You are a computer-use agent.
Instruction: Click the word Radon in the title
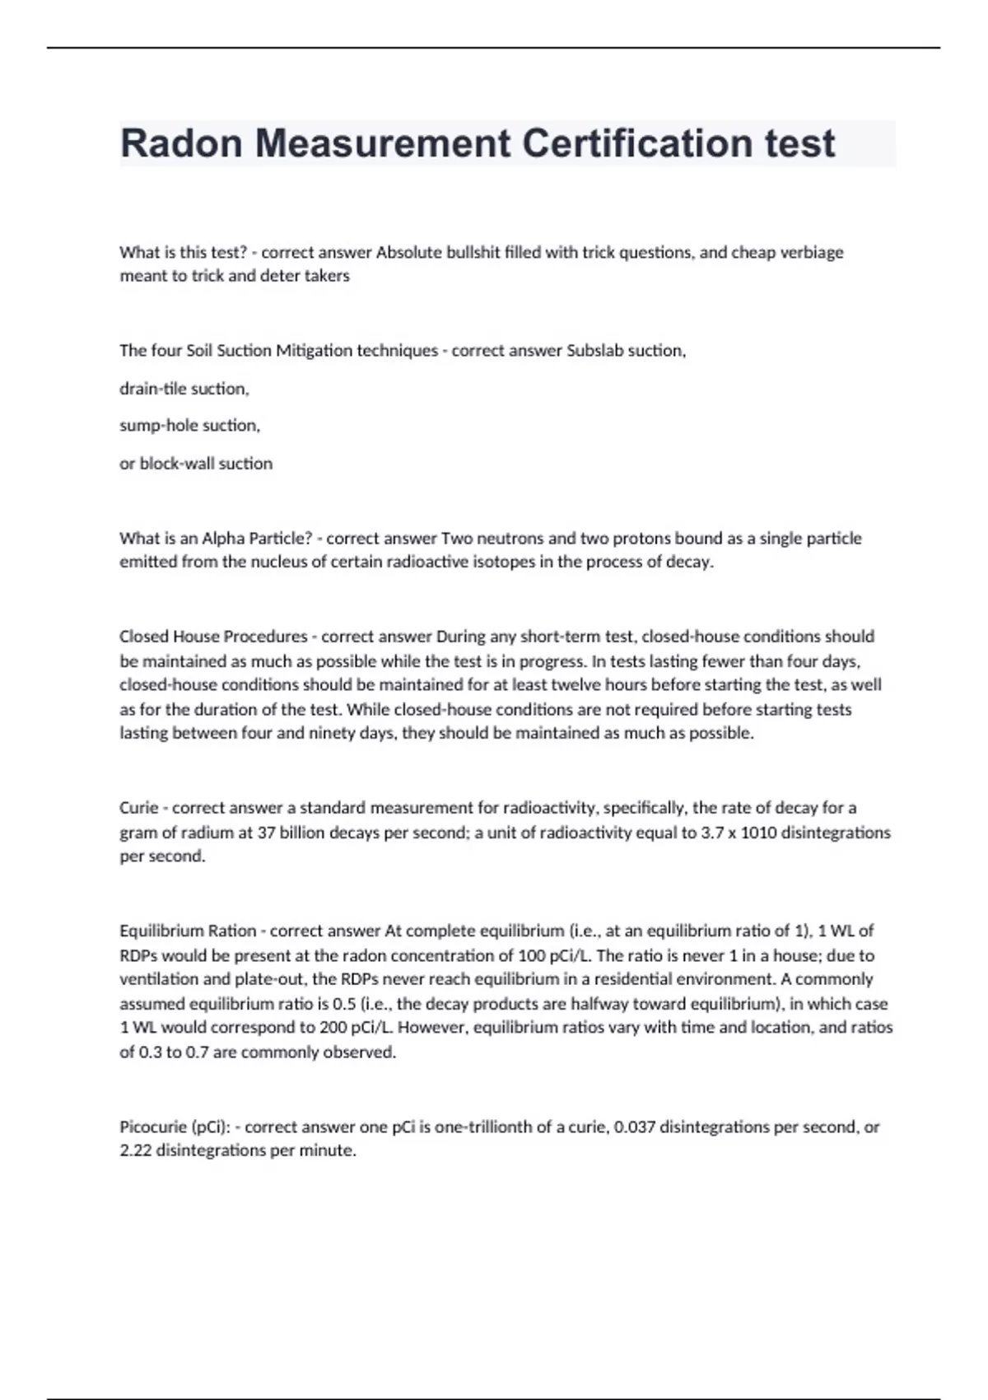[182, 143]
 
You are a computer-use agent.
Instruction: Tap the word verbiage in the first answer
[811, 252]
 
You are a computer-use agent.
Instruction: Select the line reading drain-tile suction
[184, 389]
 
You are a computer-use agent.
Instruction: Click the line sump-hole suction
[189, 426]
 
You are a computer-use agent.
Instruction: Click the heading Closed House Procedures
[213, 637]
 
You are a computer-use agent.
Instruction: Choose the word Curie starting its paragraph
[138, 808]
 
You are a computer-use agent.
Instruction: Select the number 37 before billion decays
[266, 833]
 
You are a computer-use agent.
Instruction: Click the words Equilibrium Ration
[188, 931]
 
